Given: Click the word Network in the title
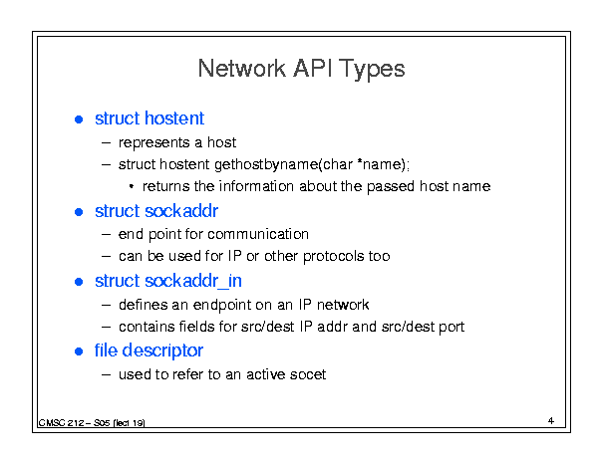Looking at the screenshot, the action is [242, 69].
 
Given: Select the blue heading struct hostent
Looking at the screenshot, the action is [150, 117].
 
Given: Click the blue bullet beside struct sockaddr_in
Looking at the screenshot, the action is [79, 282].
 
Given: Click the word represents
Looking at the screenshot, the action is [153, 143].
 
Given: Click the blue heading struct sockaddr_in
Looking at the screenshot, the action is [168, 281].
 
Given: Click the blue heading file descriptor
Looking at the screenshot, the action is [149, 350].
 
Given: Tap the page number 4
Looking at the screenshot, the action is [551, 421].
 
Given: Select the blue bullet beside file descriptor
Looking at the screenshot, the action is [79, 351].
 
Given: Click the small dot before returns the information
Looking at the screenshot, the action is [132, 187].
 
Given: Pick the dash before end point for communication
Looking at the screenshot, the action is [107, 234].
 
